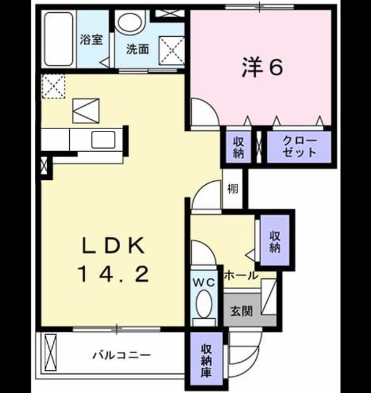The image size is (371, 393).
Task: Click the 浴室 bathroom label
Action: tap(91, 39)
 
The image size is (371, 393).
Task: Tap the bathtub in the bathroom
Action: tap(59, 39)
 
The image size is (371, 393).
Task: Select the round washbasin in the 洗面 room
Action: tap(130, 23)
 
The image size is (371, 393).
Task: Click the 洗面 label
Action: tap(138, 49)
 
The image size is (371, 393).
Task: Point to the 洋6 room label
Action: tap(262, 68)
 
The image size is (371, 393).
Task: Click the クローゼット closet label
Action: tap(299, 147)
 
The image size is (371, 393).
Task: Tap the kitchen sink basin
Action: tap(104, 140)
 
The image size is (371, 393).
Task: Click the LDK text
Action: tap(114, 245)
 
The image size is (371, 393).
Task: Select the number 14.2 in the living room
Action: tap(114, 274)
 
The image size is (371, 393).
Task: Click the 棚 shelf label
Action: tap(232, 189)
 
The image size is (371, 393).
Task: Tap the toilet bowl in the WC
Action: tap(204, 302)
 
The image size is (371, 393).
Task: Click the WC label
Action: tap(204, 282)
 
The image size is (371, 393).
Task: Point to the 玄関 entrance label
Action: tap(242, 311)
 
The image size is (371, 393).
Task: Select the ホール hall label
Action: tap(241, 276)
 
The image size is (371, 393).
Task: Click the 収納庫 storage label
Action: tap(207, 361)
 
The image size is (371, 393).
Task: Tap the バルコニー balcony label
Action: tap(122, 355)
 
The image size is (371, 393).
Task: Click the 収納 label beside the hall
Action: tap(275, 242)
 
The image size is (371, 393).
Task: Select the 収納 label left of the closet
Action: tap(239, 147)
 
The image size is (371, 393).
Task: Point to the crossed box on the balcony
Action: tap(50, 352)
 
